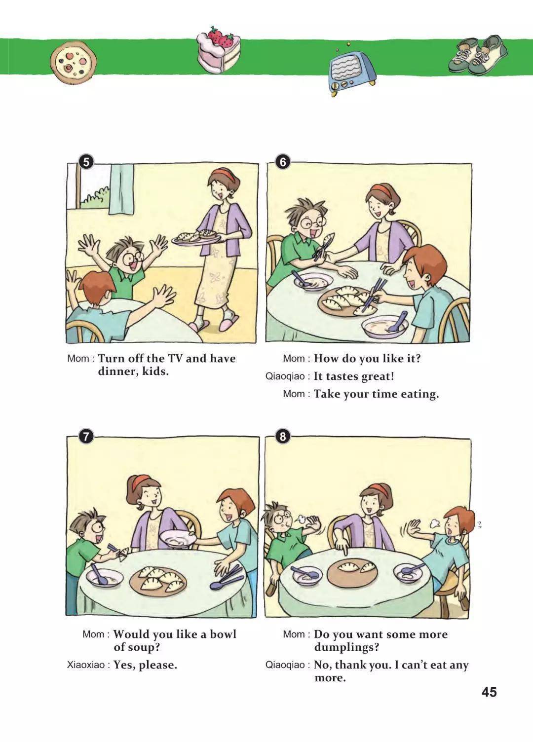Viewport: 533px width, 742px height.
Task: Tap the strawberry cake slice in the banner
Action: click(x=218, y=49)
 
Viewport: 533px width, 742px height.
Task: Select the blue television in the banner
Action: click(x=352, y=71)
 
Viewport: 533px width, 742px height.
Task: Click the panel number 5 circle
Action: click(x=86, y=162)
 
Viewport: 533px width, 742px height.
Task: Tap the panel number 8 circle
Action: click(x=283, y=437)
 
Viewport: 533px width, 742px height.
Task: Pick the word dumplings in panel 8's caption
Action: click(x=346, y=647)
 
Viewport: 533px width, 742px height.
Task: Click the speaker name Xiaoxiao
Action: click(x=86, y=665)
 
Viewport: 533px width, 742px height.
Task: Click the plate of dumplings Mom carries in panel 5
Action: click(x=196, y=238)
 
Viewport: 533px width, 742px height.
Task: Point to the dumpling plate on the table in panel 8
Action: click(x=352, y=572)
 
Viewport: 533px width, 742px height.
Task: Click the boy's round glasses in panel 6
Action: click(x=314, y=223)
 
